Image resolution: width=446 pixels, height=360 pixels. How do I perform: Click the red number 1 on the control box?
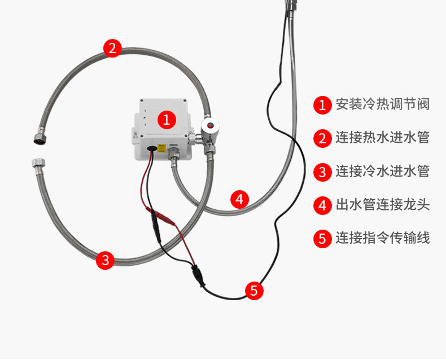pyautogui.click(x=166, y=119)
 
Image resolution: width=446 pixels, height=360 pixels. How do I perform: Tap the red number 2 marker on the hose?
pyautogui.click(x=112, y=48)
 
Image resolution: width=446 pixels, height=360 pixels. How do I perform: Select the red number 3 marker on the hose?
pyautogui.click(x=106, y=260)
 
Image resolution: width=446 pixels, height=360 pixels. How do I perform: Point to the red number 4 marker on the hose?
pyautogui.click(x=240, y=199)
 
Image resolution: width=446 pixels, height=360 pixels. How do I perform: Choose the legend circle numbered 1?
pyautogui.click(x=322, y=104)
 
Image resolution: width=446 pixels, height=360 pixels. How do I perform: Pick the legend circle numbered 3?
pyautogui.click(x=322, y=172)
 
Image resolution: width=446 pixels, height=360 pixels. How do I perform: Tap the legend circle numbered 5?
pyautogui.click(x=322, y=238)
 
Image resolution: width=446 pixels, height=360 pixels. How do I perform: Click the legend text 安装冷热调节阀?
pyautogui.click(x=382, y=104)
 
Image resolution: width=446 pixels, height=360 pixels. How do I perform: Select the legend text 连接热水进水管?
pyautogui.click(x=382, y=138)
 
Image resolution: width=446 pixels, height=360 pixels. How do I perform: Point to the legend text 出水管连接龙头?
pyautogui.click(x=382, y=205)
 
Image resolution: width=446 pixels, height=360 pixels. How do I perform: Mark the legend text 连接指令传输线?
pyautogui.click(x=382, y=238)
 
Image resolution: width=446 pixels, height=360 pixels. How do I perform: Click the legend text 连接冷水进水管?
pyautogui.click(x=382, y=172)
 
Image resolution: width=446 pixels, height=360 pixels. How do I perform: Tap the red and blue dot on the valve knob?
pyautogui.click(x=210, y=125)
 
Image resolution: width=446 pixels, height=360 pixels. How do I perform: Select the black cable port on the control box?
pyautogui.click(x=152, y=149)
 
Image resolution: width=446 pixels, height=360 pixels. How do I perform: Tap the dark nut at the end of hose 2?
pyautogui.click(x=32, y=138)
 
